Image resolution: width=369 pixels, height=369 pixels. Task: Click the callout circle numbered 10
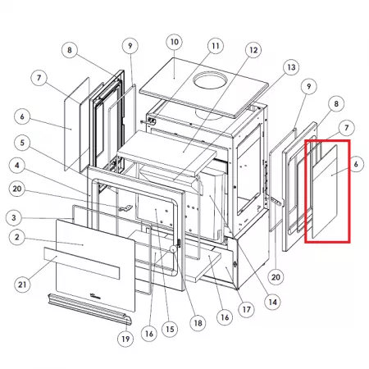tap(175, 42)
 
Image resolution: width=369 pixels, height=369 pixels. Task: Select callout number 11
tap(216, 46)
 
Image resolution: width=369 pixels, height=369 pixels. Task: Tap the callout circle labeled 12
tap(253, 50)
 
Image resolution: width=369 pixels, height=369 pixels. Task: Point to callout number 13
tap(291, 67)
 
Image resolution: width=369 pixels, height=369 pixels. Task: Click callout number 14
tap(273, 302)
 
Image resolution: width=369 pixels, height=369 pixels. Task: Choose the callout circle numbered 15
tap(170, 329)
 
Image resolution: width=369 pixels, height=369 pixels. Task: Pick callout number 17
tap(246, 309)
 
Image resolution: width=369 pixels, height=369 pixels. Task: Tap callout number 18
tap(198, 323)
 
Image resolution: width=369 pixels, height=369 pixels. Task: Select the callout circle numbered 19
tap(125, 339)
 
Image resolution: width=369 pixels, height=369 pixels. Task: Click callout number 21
tap(22, 285)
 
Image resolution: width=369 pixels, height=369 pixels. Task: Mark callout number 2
tap(17, 237)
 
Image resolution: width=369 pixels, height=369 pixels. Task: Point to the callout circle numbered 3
tap(14, 218)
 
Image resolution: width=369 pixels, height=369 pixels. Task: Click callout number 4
tap(17, 166)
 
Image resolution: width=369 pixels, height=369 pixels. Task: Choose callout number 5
tap(22, 143)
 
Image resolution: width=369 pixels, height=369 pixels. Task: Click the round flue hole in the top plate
tap(210, 80)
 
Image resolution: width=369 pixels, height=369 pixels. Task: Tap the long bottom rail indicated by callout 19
tap(90, 309)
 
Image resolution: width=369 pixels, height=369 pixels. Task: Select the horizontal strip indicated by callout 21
tap(82, 263)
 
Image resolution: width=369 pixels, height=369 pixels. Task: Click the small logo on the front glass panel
tap(95, 296)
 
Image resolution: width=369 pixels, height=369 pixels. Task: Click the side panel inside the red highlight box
tap(325, 191)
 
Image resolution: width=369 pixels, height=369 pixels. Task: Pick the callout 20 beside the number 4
tap(17, 189)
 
